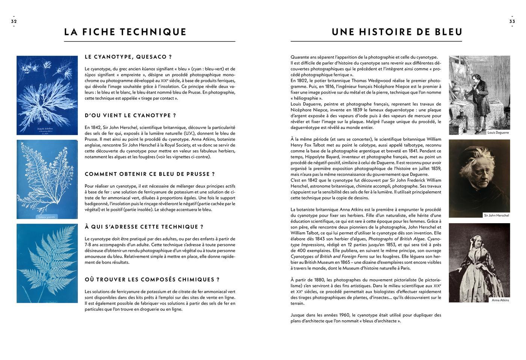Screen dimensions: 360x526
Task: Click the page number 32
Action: click(x=14, y=21)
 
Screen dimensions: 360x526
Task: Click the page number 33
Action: click(x=512, y=21)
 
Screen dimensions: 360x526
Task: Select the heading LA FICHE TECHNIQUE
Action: click(x=125, y=32)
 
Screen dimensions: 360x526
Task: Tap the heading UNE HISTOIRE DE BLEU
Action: click(x=397, y=32)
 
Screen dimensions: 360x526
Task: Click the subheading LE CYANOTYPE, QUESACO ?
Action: click(x=128, y=57)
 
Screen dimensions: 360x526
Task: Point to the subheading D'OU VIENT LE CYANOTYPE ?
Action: click(x=130, y=115)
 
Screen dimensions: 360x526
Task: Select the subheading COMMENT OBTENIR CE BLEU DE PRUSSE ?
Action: click(x=150, y=174)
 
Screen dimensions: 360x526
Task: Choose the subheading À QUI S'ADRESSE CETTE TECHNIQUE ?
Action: click(x=144, y=227)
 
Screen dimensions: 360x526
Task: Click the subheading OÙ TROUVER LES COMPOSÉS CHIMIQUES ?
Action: click(x=152, y=280)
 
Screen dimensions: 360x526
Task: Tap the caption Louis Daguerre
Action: click(x=498, y=133)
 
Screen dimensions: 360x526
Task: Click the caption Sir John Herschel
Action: click(x=496, y=215)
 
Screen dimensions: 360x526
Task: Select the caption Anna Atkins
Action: click(x=500, y=300)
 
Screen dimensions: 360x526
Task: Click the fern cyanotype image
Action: click(x=47, y=263)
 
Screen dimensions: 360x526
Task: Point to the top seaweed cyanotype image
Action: click(x=47, y=95)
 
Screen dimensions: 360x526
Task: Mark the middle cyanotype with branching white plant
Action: click(x=47, y=179)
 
